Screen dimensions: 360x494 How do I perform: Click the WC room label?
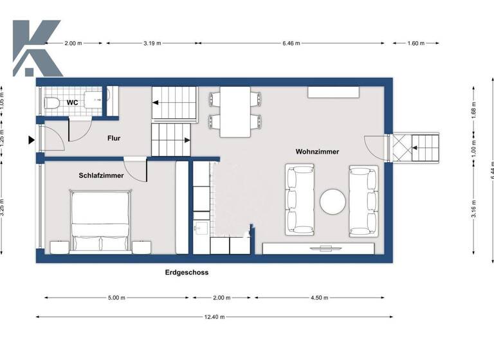tap(73, 103)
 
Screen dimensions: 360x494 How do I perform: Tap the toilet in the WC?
tap(52, 102)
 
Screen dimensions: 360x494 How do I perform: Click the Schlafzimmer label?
tap(101, 175)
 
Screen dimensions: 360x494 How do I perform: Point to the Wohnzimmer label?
tap(317, 152)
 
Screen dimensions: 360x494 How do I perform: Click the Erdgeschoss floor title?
tap(187, 273)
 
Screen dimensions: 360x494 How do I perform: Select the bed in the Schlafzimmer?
tap(102, 221)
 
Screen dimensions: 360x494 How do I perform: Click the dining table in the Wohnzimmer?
tap(235, 112)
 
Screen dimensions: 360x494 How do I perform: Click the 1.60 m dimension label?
tap(416, 43)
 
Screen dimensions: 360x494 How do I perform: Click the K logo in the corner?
tap(37, 48)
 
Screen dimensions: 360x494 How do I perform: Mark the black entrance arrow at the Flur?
tap(30, 139)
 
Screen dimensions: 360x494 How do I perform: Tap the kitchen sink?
tap(199, 228)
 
